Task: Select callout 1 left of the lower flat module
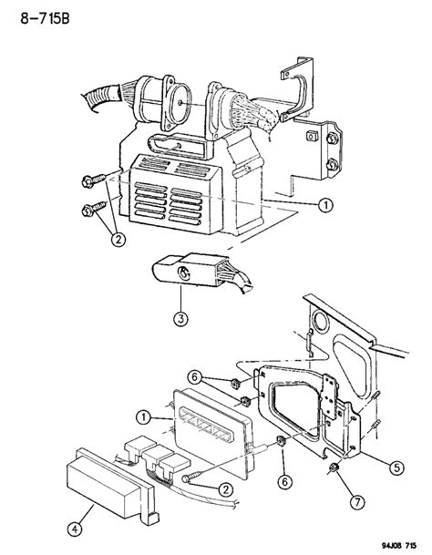click(x=143, y=417)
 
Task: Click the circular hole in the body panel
click(x=321, y=324)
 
